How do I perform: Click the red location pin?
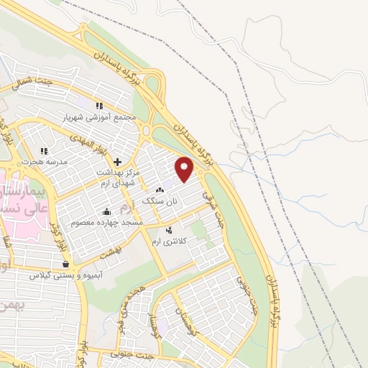click(x=185, y=170)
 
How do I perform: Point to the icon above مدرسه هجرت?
click(x=44, y=151)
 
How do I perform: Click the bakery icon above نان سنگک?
click(x=159, y=190)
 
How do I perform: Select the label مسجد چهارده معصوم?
click(x=107, y=224)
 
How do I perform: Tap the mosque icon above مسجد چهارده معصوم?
click(x=107, y=211)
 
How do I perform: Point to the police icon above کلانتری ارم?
click(x=169, y=230)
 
